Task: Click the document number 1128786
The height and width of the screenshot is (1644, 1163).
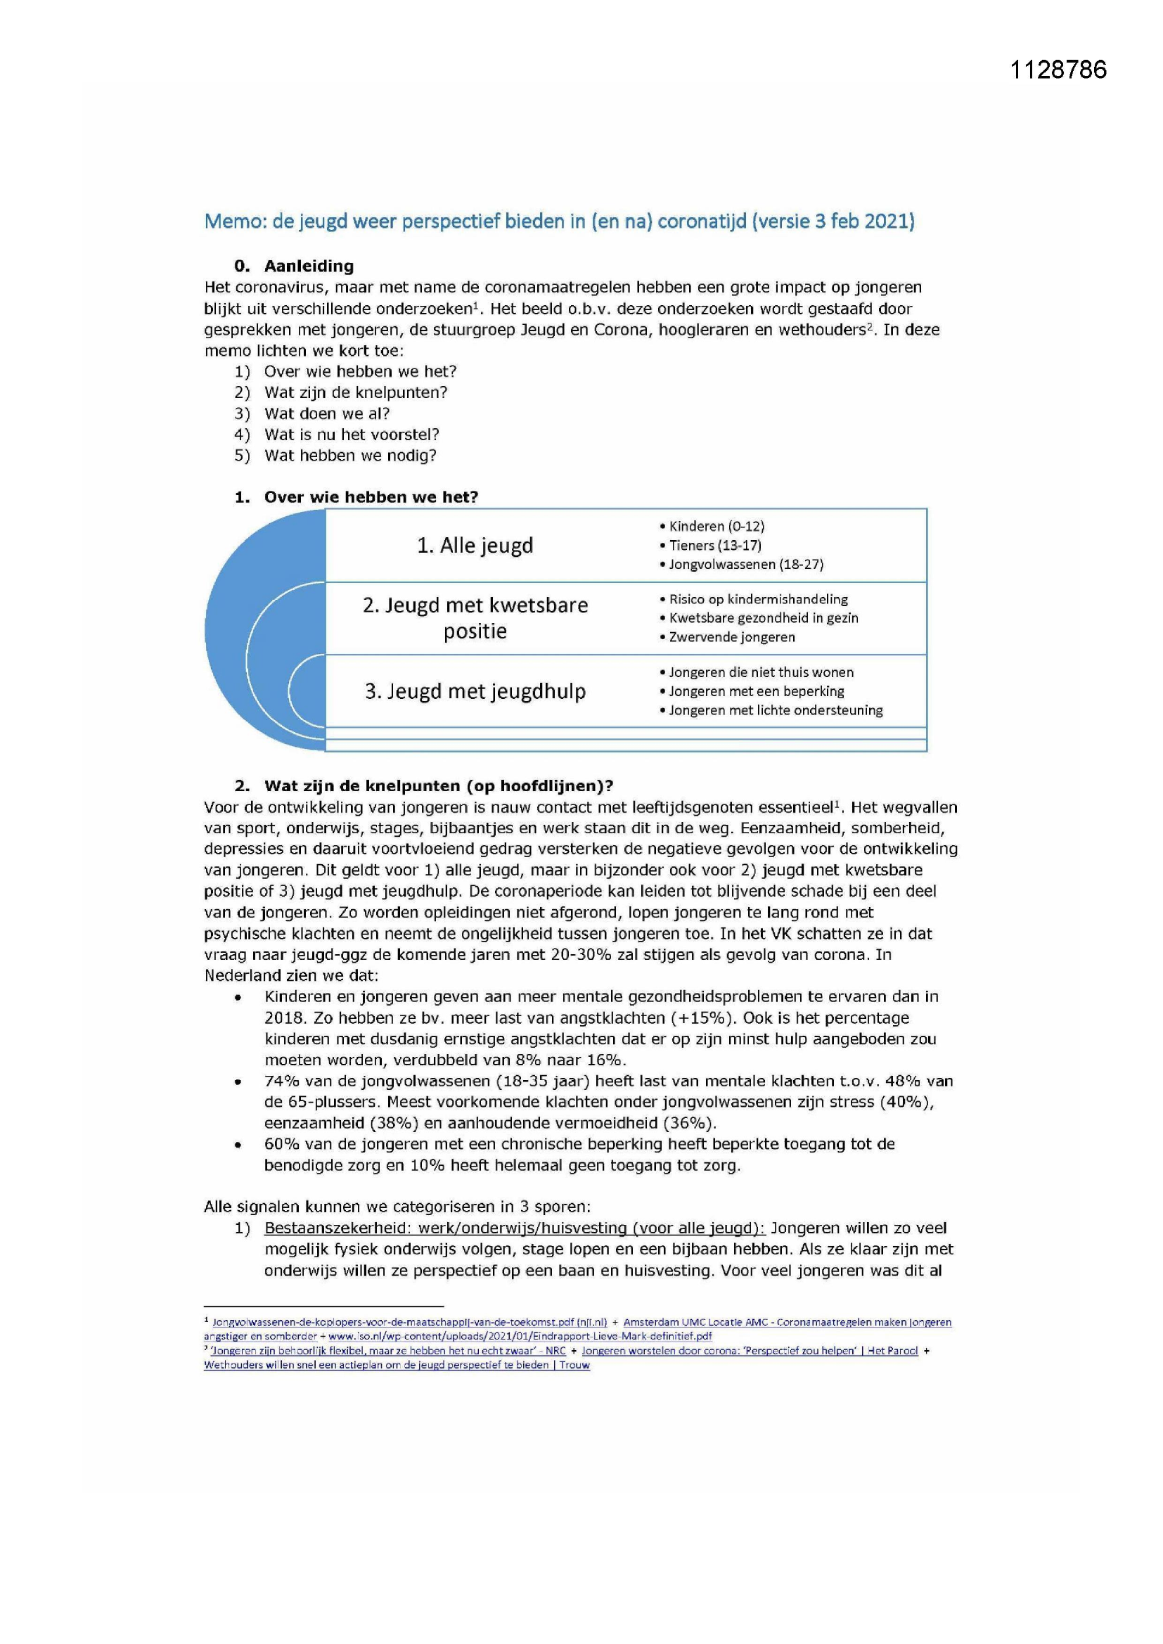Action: pos(1058,70)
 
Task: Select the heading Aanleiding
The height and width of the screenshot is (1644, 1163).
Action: pos(309,266)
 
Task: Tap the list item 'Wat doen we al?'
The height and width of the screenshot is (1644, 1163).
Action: pos(326,413)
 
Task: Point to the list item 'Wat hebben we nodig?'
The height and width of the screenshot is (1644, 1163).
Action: pos(350,456)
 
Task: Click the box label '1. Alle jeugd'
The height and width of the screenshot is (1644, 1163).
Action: pos(475,546)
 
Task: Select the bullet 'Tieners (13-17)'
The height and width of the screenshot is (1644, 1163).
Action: pos(714,546)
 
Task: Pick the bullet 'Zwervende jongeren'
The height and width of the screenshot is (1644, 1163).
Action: pos(731,637)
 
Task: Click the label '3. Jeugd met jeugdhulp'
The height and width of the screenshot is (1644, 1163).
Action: pos(475,692)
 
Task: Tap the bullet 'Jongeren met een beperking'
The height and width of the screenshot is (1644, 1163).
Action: pos(755,692)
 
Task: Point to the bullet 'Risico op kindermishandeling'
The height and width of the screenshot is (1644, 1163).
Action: pos(758,599)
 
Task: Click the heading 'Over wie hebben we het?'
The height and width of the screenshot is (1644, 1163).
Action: pos(371,498)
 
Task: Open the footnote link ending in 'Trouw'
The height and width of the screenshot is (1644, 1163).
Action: pos(397,1366)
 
